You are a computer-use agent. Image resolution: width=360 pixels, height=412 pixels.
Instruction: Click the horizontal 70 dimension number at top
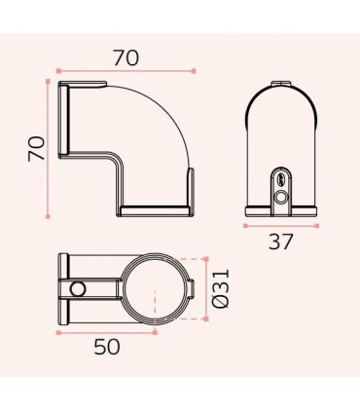tap(126, 57)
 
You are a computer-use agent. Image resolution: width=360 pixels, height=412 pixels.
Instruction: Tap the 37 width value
tap(279, 241)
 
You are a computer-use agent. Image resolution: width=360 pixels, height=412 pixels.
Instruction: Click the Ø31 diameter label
tap(221, 289)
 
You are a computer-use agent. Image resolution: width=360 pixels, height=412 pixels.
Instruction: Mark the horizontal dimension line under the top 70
tap(126, 71)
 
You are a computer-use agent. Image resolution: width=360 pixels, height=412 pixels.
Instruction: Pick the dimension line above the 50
tap(106, 332)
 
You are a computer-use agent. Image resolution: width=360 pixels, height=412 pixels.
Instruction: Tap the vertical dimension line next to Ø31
tap(205, 289)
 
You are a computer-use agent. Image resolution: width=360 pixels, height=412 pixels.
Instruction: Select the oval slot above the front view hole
tap(280, 178)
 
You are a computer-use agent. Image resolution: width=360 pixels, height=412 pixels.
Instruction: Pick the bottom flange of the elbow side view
tap(156, 209)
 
